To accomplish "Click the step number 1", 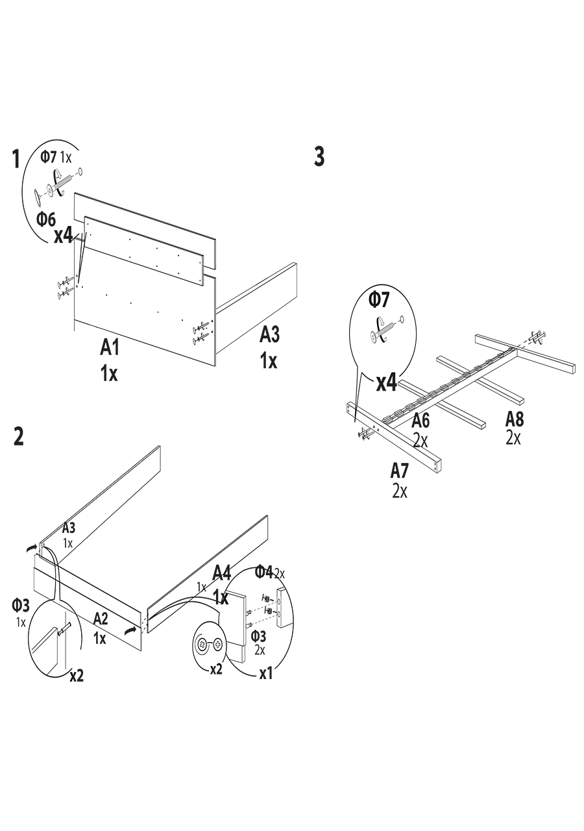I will click(17, 159).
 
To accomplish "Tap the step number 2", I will click(18, 436).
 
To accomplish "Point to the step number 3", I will click(319, 156).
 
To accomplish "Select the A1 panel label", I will click(110, 348).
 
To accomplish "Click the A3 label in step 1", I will click(269, 335).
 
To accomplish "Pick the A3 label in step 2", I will click(69, 528).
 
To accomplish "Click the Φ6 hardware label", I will click(46, 219).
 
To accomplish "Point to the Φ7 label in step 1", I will click(49, 156).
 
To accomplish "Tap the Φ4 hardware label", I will click(263, 571).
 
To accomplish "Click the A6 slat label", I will click(420, 420).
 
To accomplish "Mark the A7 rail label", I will click(400, 470).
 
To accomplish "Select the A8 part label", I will click(515, 419).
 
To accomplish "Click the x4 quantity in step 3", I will click(387, 383).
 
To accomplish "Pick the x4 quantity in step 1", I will click(63, 235).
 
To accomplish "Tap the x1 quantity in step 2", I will click(266, 674).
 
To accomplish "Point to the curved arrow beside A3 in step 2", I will click(32, 549).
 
